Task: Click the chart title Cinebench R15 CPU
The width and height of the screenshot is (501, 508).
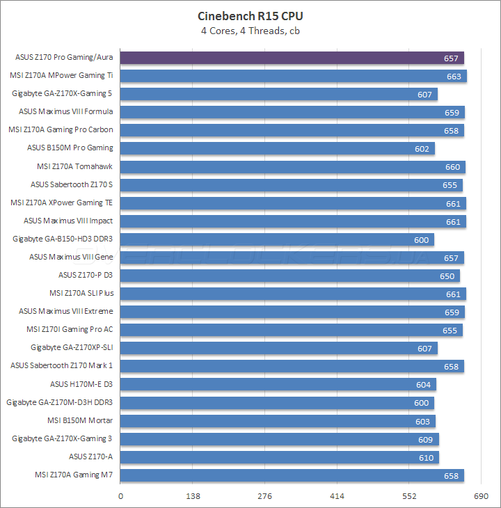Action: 250,16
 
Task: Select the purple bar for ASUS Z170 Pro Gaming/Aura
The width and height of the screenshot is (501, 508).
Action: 292,58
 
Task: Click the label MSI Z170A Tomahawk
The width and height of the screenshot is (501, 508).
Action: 74,166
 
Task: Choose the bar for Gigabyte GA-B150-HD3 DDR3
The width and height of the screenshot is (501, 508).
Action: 277,239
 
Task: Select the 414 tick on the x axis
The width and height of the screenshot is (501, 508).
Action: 337,497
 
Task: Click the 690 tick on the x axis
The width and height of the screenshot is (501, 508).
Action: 481,497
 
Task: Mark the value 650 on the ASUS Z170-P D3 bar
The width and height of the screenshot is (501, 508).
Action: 448,276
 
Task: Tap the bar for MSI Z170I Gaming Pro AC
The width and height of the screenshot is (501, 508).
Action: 292,330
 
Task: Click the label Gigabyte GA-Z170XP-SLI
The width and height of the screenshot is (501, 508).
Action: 72,348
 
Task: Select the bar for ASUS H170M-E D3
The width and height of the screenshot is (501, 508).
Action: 278,384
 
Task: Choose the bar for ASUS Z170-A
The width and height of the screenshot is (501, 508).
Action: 280,457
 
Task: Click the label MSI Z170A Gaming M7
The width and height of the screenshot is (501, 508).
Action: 74,475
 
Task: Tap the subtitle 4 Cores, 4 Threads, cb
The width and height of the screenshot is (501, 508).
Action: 250,31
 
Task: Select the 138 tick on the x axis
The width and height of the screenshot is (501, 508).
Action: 193,497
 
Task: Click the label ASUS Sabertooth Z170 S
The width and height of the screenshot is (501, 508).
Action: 72,184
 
